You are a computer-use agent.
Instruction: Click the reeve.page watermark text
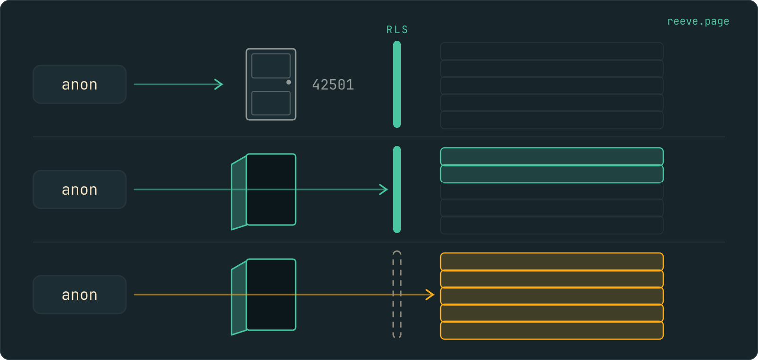698,21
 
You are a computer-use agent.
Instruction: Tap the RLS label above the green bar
397,30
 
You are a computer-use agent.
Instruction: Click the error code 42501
333,85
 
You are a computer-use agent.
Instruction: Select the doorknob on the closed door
289,82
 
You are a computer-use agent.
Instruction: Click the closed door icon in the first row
271,84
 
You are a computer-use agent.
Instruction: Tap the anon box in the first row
80,84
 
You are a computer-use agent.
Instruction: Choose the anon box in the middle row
80,189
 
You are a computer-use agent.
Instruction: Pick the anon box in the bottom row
80,295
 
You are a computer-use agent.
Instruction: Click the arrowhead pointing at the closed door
219,84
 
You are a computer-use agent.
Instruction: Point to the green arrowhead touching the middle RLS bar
384,189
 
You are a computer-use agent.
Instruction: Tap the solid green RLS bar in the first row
397,84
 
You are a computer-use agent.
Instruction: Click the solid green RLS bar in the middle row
397,189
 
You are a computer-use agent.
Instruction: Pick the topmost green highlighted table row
552,156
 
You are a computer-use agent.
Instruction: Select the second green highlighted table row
552,174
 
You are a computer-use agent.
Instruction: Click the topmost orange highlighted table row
552,261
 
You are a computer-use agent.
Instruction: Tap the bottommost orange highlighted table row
552,331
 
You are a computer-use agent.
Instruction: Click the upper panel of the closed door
271,66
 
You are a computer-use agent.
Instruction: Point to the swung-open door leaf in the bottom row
239,298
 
